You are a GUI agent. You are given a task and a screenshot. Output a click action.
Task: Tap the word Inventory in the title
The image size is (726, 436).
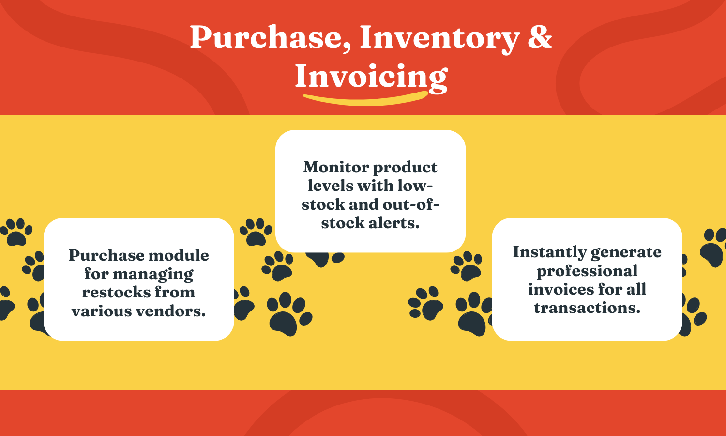(439, 38)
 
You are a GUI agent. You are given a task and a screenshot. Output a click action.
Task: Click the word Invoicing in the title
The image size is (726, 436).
(371, 77)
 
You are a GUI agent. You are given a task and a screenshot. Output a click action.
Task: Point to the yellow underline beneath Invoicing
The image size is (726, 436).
(365, 99)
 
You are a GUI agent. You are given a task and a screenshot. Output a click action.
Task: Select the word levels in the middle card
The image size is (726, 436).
(331, 186)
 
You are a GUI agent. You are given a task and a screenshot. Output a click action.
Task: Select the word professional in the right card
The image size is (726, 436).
(587, 271)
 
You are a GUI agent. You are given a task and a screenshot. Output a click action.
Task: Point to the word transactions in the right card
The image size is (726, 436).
(587, 308)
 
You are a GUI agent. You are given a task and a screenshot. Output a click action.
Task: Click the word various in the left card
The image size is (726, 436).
(101, 311)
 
